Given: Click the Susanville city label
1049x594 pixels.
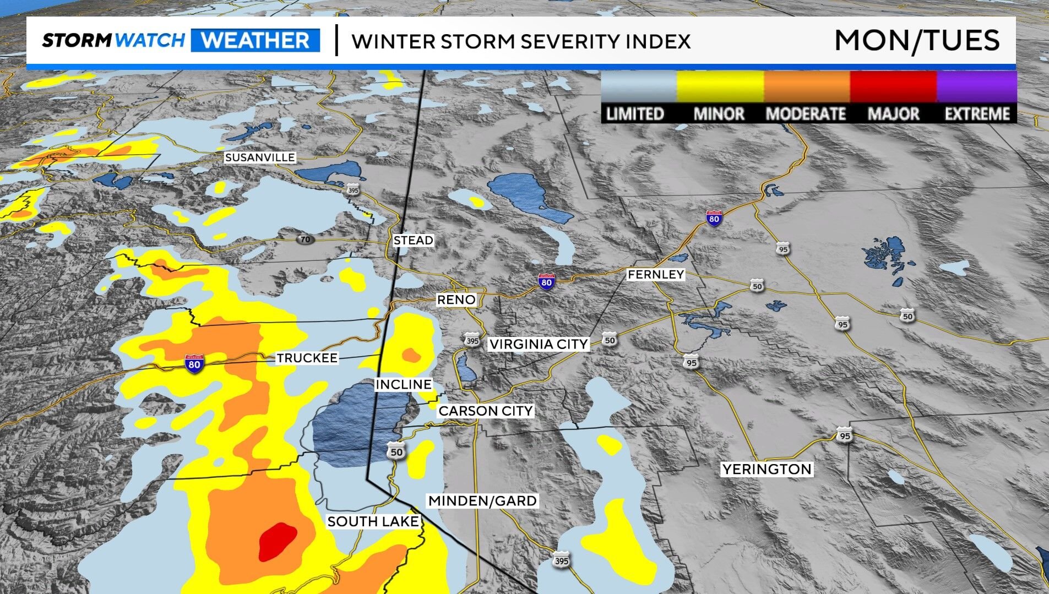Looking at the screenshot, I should point(260,157).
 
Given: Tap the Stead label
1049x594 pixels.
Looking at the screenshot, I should point(413,241).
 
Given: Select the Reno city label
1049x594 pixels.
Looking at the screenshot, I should point(456,300).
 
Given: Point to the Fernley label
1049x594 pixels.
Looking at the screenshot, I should point(655,274).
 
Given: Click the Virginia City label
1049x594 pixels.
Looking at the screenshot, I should point(539,344).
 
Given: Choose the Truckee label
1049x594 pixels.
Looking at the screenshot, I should point(307,358).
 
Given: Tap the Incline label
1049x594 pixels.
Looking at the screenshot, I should point(403,384).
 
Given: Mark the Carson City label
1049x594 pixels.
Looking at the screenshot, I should point(485,411).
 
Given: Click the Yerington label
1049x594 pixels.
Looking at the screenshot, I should point(767,470).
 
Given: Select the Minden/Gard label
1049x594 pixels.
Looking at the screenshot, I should point(482,501).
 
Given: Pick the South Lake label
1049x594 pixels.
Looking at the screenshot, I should point(373,521).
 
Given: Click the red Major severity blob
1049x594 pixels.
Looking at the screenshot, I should point(277,541).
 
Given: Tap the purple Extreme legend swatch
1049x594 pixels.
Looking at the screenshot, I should point(976,87).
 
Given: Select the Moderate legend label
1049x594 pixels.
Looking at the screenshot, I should point(806,114).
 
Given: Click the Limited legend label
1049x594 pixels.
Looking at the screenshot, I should point(634,114).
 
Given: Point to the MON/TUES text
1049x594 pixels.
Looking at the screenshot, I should point(916,41).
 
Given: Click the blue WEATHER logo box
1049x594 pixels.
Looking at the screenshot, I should point(256,41).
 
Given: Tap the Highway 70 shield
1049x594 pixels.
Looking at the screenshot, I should point(305,239).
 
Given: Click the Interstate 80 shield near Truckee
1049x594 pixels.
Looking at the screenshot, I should point(194,364).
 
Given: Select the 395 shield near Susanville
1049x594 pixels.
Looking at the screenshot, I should point(353,190).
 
